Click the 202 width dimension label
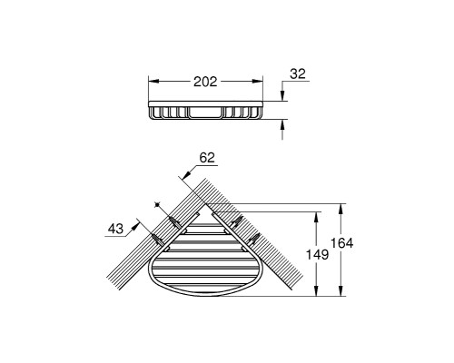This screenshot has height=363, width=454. tap(205, 82)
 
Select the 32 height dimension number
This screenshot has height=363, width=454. tap(298, 74)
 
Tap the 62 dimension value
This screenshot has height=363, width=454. tap(207, 158)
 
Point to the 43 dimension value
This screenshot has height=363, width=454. tap(116, 229)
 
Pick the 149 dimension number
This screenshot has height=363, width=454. tap(317, 254)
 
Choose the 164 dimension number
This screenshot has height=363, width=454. tap(341, 243)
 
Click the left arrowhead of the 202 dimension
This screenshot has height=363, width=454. tap(153, 81)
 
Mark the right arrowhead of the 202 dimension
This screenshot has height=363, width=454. tap(257, 81)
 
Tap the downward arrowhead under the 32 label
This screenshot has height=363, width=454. tap(282, 95)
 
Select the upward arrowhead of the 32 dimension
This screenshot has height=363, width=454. tap(282, 124)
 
